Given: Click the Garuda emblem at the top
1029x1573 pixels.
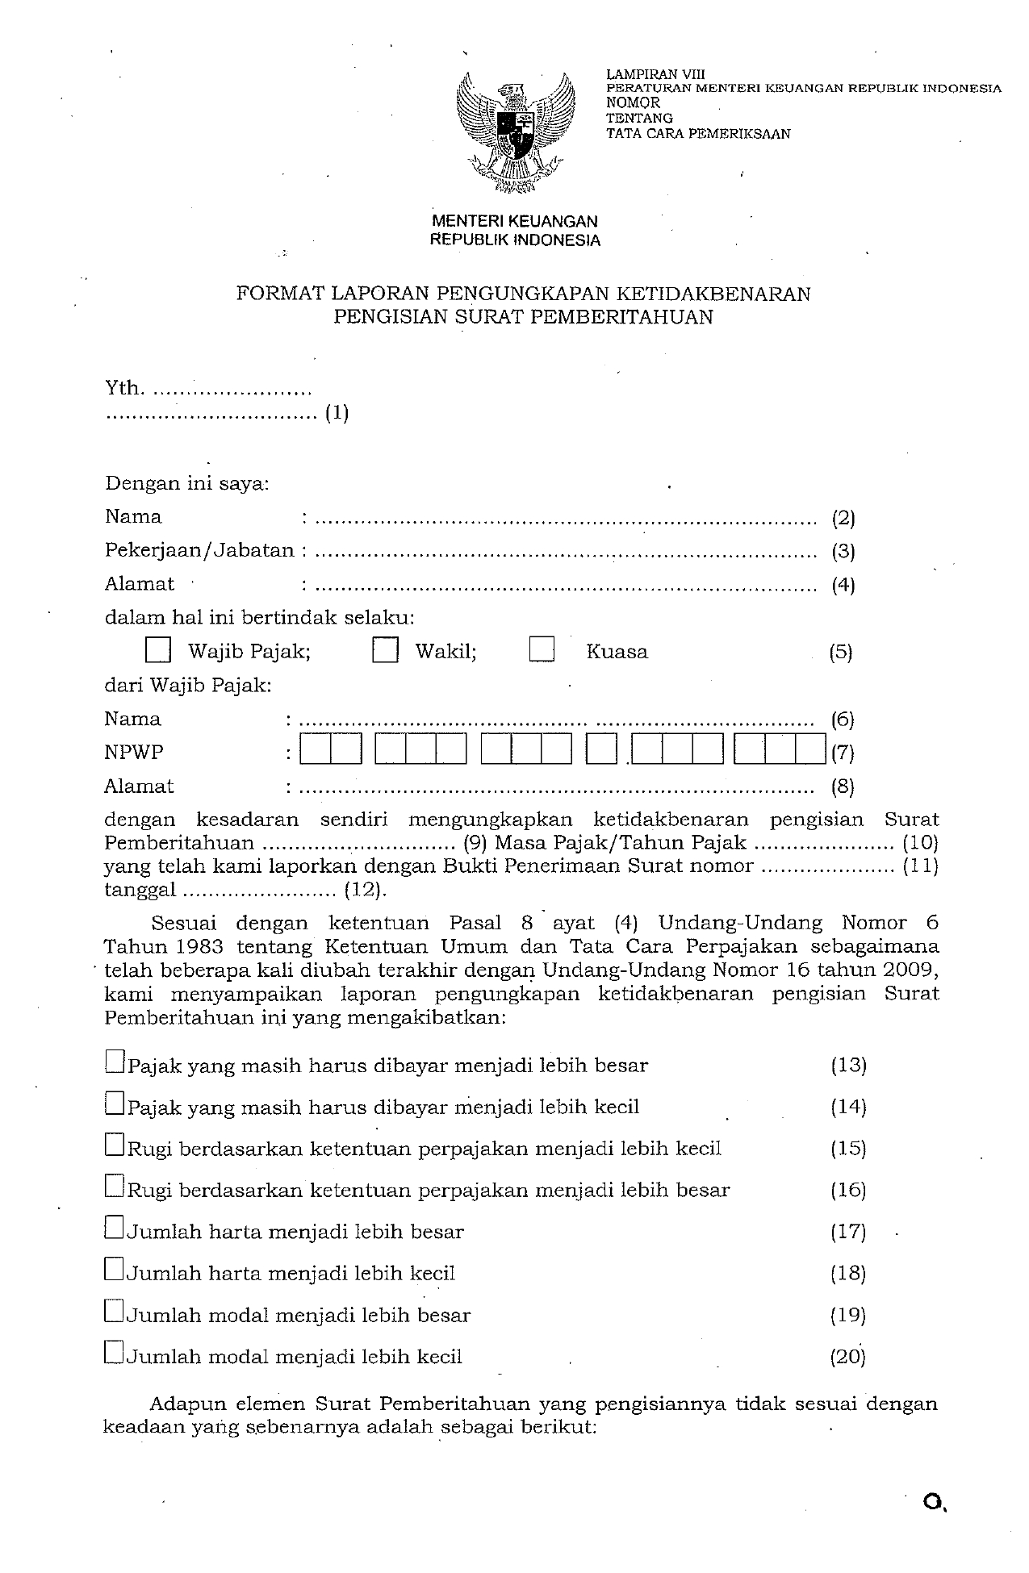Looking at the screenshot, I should tap(515, 133).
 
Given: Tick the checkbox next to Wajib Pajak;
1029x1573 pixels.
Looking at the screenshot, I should tap(158, 650).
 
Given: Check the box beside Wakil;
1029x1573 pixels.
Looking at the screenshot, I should tap(385, 650).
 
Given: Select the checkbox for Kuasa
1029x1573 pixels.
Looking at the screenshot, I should tap(542, 650).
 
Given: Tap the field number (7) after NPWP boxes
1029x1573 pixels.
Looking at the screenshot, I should tap(843, 753).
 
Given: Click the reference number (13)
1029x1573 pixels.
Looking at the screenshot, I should tap(848, 1065).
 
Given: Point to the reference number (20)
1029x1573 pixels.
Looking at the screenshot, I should tap(848, 1357).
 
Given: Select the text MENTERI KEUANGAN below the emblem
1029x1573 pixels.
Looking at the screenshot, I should tap(515, 221).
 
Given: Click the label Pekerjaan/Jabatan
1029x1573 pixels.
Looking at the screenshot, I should tap(199, 550).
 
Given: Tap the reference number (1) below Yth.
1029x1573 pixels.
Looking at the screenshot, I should tap(337, 414).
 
